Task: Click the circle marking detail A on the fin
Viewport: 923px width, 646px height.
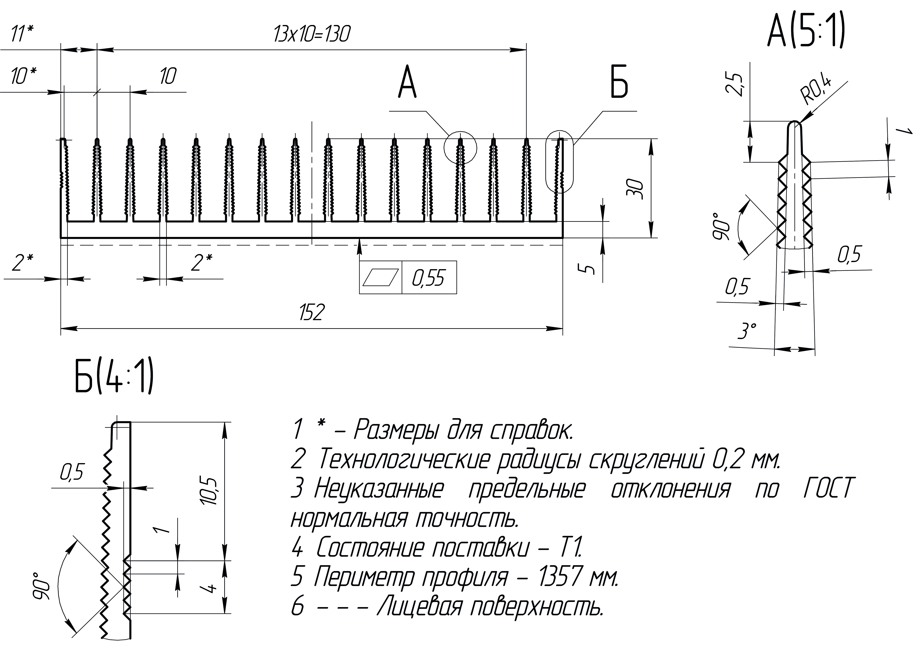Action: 460,147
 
